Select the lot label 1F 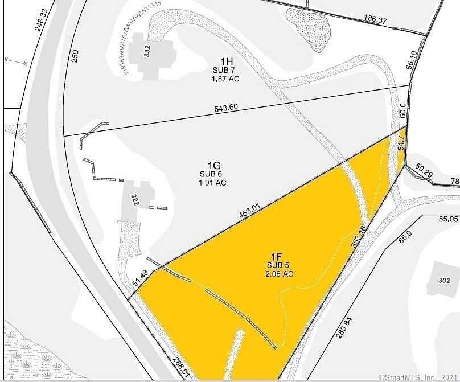(x=279, y=256)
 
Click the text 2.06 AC (x=279, y=274)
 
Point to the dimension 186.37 (x=376, y=20)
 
